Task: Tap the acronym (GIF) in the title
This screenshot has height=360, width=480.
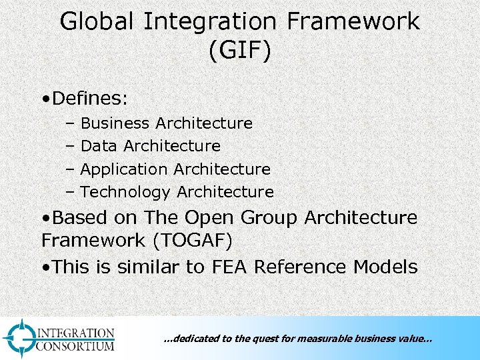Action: click(x=240, y=51)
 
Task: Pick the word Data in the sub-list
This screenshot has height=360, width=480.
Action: click(x=99, y=146)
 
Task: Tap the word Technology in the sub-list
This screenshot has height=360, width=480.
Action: click(x=125, y=192)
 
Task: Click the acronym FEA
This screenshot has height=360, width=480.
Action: click(x=231, y=267)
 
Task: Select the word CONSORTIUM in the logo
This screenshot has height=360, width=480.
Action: click(x=76, y=345)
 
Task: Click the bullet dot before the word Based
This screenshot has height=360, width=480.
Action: click(x=45, y=219)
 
